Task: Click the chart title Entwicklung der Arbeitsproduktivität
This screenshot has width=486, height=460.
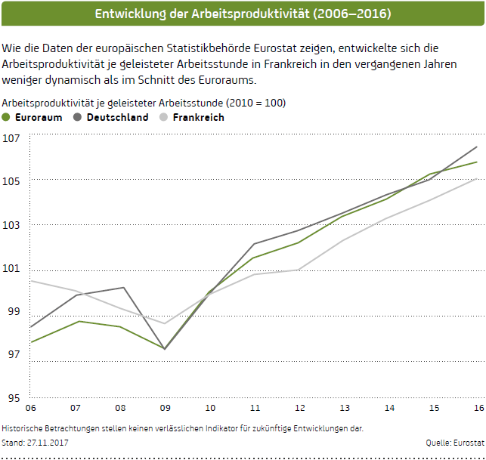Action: click(243, 14)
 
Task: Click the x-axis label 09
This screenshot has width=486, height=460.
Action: click(166, 407)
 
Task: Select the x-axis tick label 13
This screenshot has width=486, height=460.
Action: click(344, 407)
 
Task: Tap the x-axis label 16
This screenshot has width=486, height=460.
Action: click(478, 407)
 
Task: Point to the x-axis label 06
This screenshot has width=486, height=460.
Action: click(31, 407)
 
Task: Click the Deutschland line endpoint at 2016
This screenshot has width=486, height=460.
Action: click(477, 147)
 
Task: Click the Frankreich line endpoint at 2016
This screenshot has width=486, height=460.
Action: click(477, 178)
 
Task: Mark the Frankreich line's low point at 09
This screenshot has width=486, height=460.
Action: click(165, 323)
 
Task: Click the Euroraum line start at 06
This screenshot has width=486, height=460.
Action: click(31, 342)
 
